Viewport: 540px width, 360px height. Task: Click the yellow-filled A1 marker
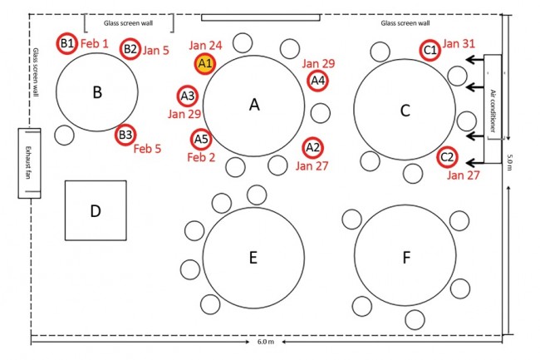[x=205, y=62]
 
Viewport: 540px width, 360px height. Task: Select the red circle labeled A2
[x=312, y=148]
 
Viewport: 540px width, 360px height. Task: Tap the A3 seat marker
[x=188, y=96]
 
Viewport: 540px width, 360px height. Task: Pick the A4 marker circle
[x=317, y=81]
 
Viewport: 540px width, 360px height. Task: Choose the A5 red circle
[x=200, y=139]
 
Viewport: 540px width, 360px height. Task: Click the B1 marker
[x=67, y=43]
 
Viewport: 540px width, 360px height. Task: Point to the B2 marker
[x=130, y=49]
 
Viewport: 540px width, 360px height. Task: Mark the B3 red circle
[x=125, y=133]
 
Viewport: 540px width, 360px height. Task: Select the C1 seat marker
[x=430, y=50]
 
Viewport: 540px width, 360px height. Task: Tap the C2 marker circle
[x=446, y=155]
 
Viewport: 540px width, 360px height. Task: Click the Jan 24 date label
[x=205, y=44]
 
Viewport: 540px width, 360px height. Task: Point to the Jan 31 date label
[x=459, y=43]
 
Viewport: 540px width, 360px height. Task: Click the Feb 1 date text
[x=95, y=42]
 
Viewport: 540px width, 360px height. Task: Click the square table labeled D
[x=96, y=211]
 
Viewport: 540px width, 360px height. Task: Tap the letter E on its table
[x=253, y=258]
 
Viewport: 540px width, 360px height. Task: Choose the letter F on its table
[x=406, y=258]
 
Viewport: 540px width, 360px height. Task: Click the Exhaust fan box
[x=29, y=163]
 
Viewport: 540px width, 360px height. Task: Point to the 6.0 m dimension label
[x=266, y=343]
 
